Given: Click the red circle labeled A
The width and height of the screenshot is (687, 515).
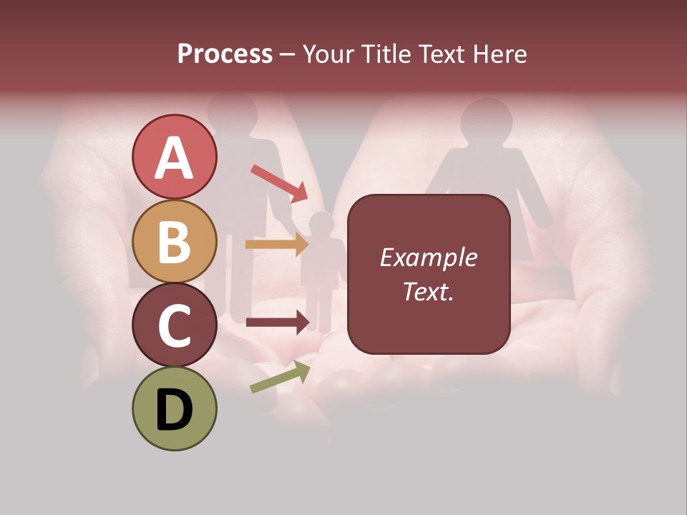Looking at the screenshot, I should click(x=175, y=157).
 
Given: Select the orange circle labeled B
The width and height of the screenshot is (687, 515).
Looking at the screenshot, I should click(x=175, y=241).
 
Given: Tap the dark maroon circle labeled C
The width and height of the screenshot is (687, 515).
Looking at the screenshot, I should click(x=175, y=325).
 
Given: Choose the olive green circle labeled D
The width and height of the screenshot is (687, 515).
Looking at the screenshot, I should click(x=175, y=408).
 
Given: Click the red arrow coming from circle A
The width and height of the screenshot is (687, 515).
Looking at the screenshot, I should click(x=279, y=182).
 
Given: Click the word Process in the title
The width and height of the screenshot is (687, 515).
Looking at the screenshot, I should click(x=225, y=54).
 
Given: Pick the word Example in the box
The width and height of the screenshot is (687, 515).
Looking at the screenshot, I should click(x=428, y=257).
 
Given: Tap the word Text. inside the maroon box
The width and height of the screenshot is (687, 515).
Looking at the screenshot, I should click(x=428, y=291).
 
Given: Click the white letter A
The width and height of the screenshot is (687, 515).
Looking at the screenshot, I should click(x=175, y=157).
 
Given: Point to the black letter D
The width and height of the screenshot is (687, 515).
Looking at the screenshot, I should click(x=175, y=410).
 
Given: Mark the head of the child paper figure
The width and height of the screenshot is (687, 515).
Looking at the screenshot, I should click(x=322, y=224).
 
